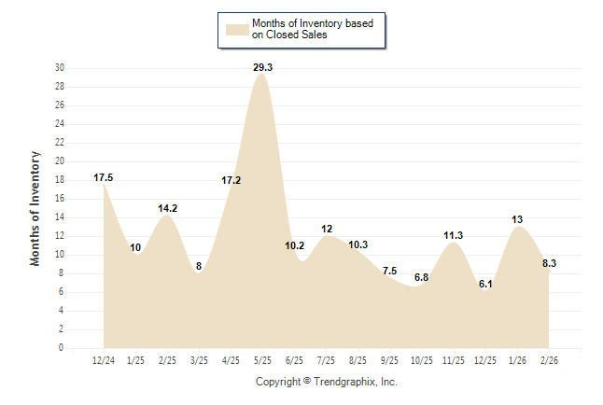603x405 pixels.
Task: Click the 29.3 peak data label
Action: point(262,67)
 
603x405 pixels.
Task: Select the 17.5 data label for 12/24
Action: point(104,177)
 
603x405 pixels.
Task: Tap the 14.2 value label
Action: point(167,209)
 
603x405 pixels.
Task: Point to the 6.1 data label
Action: point(485,284)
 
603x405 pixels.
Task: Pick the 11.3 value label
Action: point(454,235)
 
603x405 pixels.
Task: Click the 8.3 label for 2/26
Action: point(550,264)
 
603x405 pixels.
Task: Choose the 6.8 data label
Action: point(422,277)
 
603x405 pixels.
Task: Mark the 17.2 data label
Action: point(231,180)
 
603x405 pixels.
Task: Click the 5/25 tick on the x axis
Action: point(262,359)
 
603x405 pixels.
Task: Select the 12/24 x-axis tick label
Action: point(104,359)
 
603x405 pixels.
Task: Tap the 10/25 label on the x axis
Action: point(422,359)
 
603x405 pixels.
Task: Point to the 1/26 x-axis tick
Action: point(517,359)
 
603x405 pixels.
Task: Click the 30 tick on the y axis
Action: point(60,68)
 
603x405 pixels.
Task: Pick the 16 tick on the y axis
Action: point(60,199)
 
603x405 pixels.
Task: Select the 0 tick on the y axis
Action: point(62,348)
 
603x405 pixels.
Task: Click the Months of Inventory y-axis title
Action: point(35,208)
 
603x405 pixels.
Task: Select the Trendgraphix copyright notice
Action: point(327,382)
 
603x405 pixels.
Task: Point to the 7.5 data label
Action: point(390,271)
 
